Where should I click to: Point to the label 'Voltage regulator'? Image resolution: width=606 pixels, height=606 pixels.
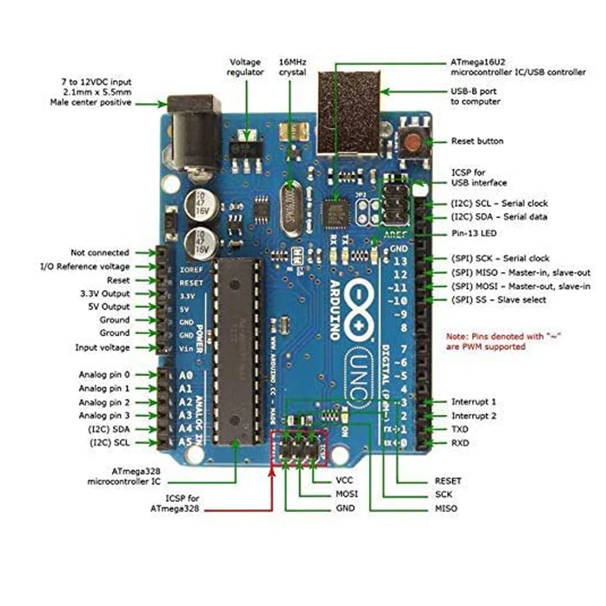tap(245, 66)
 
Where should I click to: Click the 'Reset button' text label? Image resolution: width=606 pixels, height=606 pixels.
tap(477, 142)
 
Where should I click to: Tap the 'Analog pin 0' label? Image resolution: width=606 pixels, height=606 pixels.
tap(105, 375)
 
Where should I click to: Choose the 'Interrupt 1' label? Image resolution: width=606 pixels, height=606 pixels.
tap(474, 401)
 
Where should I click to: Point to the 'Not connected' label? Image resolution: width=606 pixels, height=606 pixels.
tap(100, 252)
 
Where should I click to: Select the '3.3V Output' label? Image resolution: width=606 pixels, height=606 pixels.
tap(105, 293)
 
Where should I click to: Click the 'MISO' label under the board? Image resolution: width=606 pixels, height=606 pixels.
tap(446, 508)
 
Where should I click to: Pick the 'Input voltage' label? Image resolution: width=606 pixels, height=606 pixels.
tap(102, 348)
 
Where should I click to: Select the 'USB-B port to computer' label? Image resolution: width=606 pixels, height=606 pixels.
tap(476, 96)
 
